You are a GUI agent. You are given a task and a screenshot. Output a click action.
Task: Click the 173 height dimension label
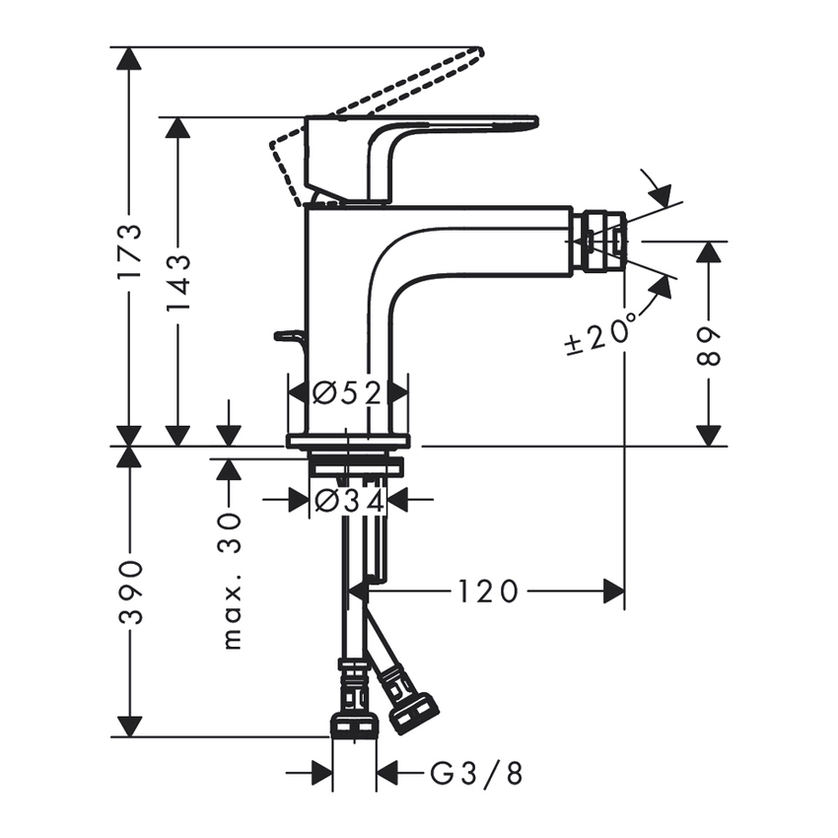[x=129, y=251]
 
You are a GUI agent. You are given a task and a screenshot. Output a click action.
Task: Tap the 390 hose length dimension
[x=129, y=592]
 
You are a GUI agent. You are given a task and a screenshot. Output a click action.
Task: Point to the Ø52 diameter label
[x=347, y=393]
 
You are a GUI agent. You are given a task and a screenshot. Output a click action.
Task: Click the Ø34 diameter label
[x=347, y=501]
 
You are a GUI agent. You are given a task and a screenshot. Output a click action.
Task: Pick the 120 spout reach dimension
[x=487, y=592]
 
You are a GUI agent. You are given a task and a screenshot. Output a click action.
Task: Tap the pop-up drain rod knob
[x=285, y=336]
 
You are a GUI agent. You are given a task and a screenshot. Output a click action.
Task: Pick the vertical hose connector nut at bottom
[x=354, y=726]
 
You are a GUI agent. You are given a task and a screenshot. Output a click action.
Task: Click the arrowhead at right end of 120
[x=615, y=592]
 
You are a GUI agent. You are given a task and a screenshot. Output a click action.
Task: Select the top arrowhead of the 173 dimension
[x=129, y=58]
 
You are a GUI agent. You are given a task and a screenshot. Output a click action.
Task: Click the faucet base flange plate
[x=347, y=441]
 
